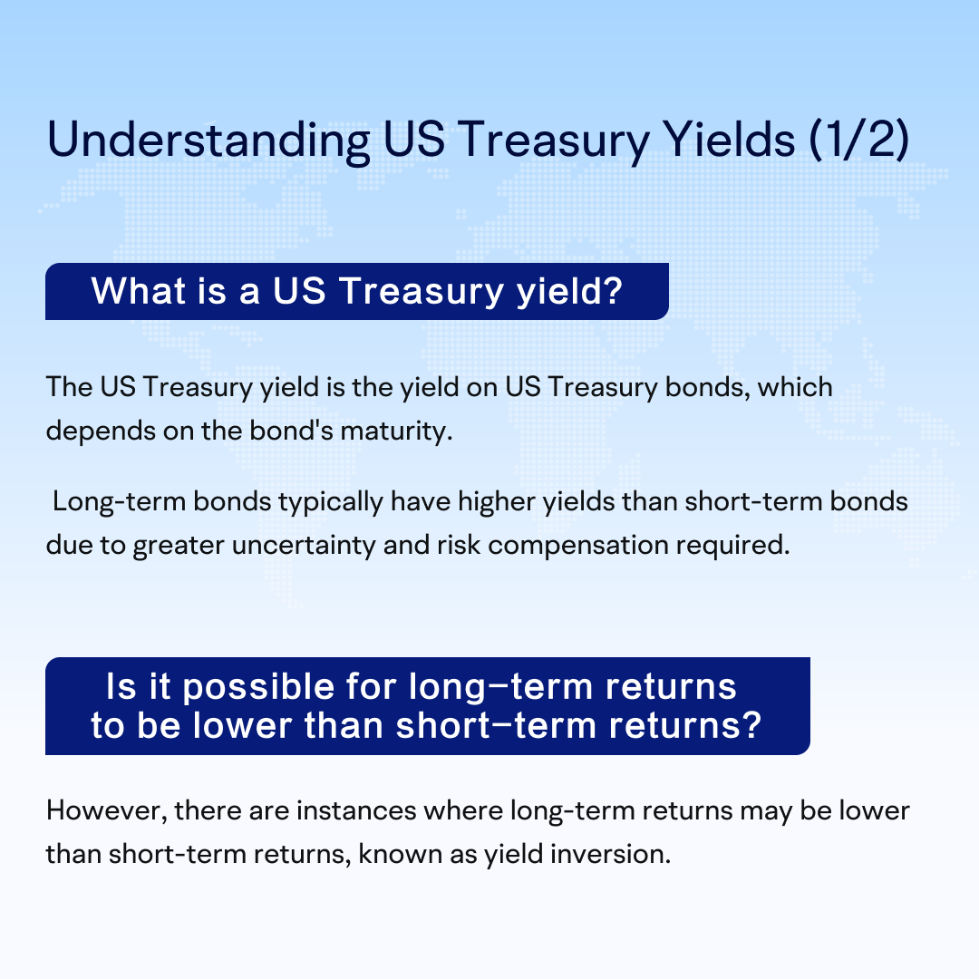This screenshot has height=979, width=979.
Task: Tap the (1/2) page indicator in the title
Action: (859, 140)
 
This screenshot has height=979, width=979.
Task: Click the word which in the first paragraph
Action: (795, 387)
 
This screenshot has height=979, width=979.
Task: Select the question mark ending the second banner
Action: (752, 725)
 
